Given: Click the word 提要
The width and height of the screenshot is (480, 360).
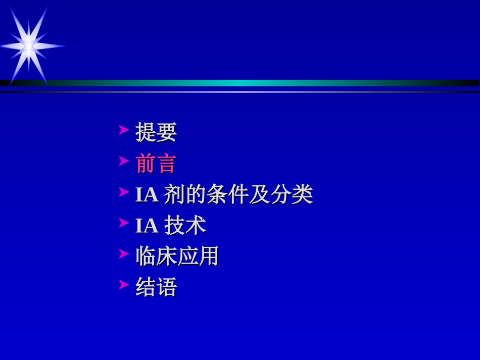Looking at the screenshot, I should coord(156,132).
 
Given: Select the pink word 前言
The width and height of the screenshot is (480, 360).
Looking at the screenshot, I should coord(156,164).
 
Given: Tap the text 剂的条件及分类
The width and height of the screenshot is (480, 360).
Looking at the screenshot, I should coord(238,194).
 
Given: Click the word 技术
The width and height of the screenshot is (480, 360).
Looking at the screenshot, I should coord(185,226).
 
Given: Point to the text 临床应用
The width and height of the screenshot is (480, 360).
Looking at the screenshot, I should coord(177,256).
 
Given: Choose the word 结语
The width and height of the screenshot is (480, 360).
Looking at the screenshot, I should coord(156,287).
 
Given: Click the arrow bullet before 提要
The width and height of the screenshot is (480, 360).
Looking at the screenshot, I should coord(124,130).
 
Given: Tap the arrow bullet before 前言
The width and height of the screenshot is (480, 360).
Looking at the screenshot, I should coord(124,161).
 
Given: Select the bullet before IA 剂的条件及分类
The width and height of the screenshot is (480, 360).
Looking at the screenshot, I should coord(124,192).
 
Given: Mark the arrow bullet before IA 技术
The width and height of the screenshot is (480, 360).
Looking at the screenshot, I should coord(124,223).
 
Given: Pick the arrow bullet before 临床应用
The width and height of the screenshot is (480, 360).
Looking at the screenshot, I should coord(124,253).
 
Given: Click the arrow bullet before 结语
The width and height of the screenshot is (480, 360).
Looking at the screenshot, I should coord(124,285).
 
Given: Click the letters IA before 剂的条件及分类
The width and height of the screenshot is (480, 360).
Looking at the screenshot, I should coord(147,195).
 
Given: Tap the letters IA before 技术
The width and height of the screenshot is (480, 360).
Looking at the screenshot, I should coord(147,226).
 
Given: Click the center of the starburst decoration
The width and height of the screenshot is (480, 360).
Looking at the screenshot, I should coord(29,46).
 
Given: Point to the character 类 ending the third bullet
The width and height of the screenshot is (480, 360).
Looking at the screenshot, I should coord(302,194).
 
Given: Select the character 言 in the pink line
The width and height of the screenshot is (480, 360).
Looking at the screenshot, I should coord(166,164).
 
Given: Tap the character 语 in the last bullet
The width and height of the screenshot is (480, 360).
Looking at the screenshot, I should coord(166,287).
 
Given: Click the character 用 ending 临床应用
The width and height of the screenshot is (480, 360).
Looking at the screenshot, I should coord(209,256).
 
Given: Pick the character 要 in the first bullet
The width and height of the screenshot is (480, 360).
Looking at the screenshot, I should coord(166,132).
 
